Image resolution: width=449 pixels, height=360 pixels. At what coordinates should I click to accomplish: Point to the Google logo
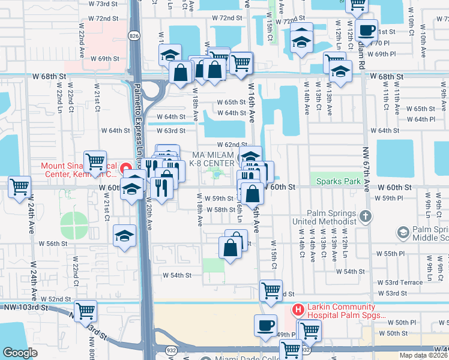pos(20,353)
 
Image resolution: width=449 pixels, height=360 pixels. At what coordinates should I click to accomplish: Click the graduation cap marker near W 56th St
pos(124,235)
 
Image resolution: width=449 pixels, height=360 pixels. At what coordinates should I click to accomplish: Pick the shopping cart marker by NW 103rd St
pos(86,310)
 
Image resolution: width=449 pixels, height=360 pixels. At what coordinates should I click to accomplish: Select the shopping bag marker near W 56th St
pos(231,247)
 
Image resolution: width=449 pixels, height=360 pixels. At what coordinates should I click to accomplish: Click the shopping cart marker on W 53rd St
pos(271,290)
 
